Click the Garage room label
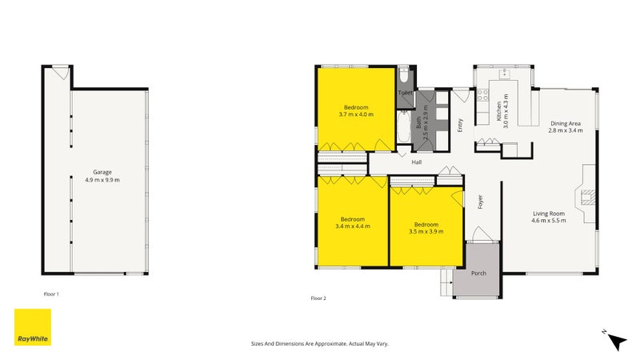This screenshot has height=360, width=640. (x=102, y=172)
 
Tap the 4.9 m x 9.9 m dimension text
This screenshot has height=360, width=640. (x=102, y=180)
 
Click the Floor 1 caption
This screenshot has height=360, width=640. (x=51, y=294)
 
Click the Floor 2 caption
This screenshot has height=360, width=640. (x=318, y=298)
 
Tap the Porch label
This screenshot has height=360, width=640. (x=478, y=274)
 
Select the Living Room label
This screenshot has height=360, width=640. (x=548, y=214)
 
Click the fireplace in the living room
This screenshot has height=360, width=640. (x=588, y=196)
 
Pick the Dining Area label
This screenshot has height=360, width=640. (x=565, y=123)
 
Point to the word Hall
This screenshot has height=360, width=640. (x=416, y=162)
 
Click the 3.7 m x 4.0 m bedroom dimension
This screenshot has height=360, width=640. (x=356, y=114)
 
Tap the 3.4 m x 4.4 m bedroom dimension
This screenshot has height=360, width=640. (x=353, y=226)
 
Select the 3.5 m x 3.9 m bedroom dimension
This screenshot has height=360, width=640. (x=426, y=231)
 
